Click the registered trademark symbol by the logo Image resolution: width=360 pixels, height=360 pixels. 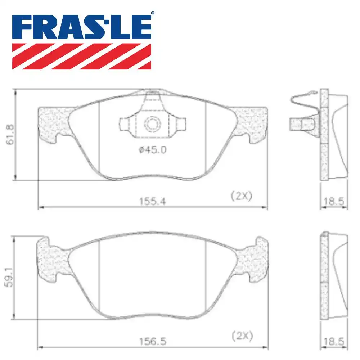click(153, 13)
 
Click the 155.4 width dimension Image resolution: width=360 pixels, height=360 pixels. click(153, 202)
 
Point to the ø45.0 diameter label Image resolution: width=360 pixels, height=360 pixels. click(152, 149)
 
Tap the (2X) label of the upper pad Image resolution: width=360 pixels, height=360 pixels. click(241, 197)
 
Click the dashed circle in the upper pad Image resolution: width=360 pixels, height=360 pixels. click(152, 124)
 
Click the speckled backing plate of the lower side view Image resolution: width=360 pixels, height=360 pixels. click(324, 277)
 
